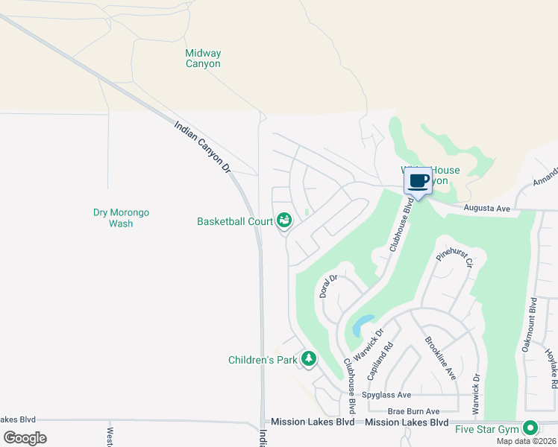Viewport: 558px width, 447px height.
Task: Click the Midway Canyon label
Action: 203,58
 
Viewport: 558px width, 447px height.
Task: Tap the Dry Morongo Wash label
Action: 121,218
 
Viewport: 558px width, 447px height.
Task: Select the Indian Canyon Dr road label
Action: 203,148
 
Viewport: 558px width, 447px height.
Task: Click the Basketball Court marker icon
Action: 283,221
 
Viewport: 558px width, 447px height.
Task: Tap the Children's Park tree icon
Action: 308,360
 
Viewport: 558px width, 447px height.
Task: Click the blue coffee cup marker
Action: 418,181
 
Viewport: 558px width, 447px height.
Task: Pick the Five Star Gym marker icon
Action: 530,428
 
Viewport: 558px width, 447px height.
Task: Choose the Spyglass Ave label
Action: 386,395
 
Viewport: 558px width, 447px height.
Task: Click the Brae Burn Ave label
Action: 413,411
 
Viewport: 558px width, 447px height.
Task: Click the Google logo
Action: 25,437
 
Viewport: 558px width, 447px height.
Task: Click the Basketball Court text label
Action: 235,221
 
